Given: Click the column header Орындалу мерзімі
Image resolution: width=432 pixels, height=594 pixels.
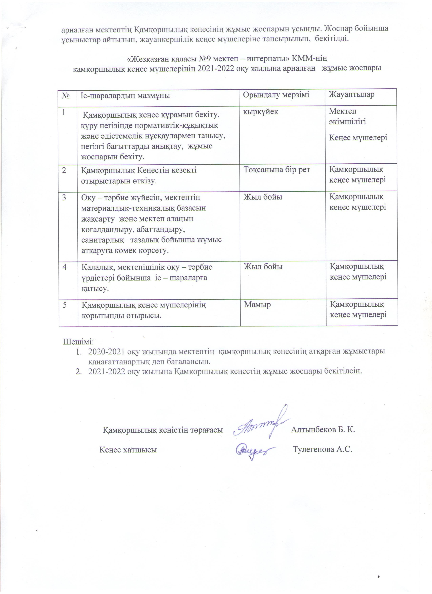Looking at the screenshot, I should (276, 95).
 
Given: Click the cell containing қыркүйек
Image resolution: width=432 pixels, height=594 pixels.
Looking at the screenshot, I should (260, 112).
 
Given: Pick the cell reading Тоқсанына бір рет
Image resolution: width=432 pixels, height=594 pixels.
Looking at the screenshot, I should (277, 170).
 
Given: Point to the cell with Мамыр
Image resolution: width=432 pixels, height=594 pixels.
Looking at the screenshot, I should (257, 305).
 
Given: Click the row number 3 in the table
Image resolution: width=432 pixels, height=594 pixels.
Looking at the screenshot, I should (64, 197).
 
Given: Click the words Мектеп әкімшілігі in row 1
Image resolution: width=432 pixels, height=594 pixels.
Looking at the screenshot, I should (347, 116).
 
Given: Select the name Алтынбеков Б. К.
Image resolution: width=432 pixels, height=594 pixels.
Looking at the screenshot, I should (323, 430).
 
